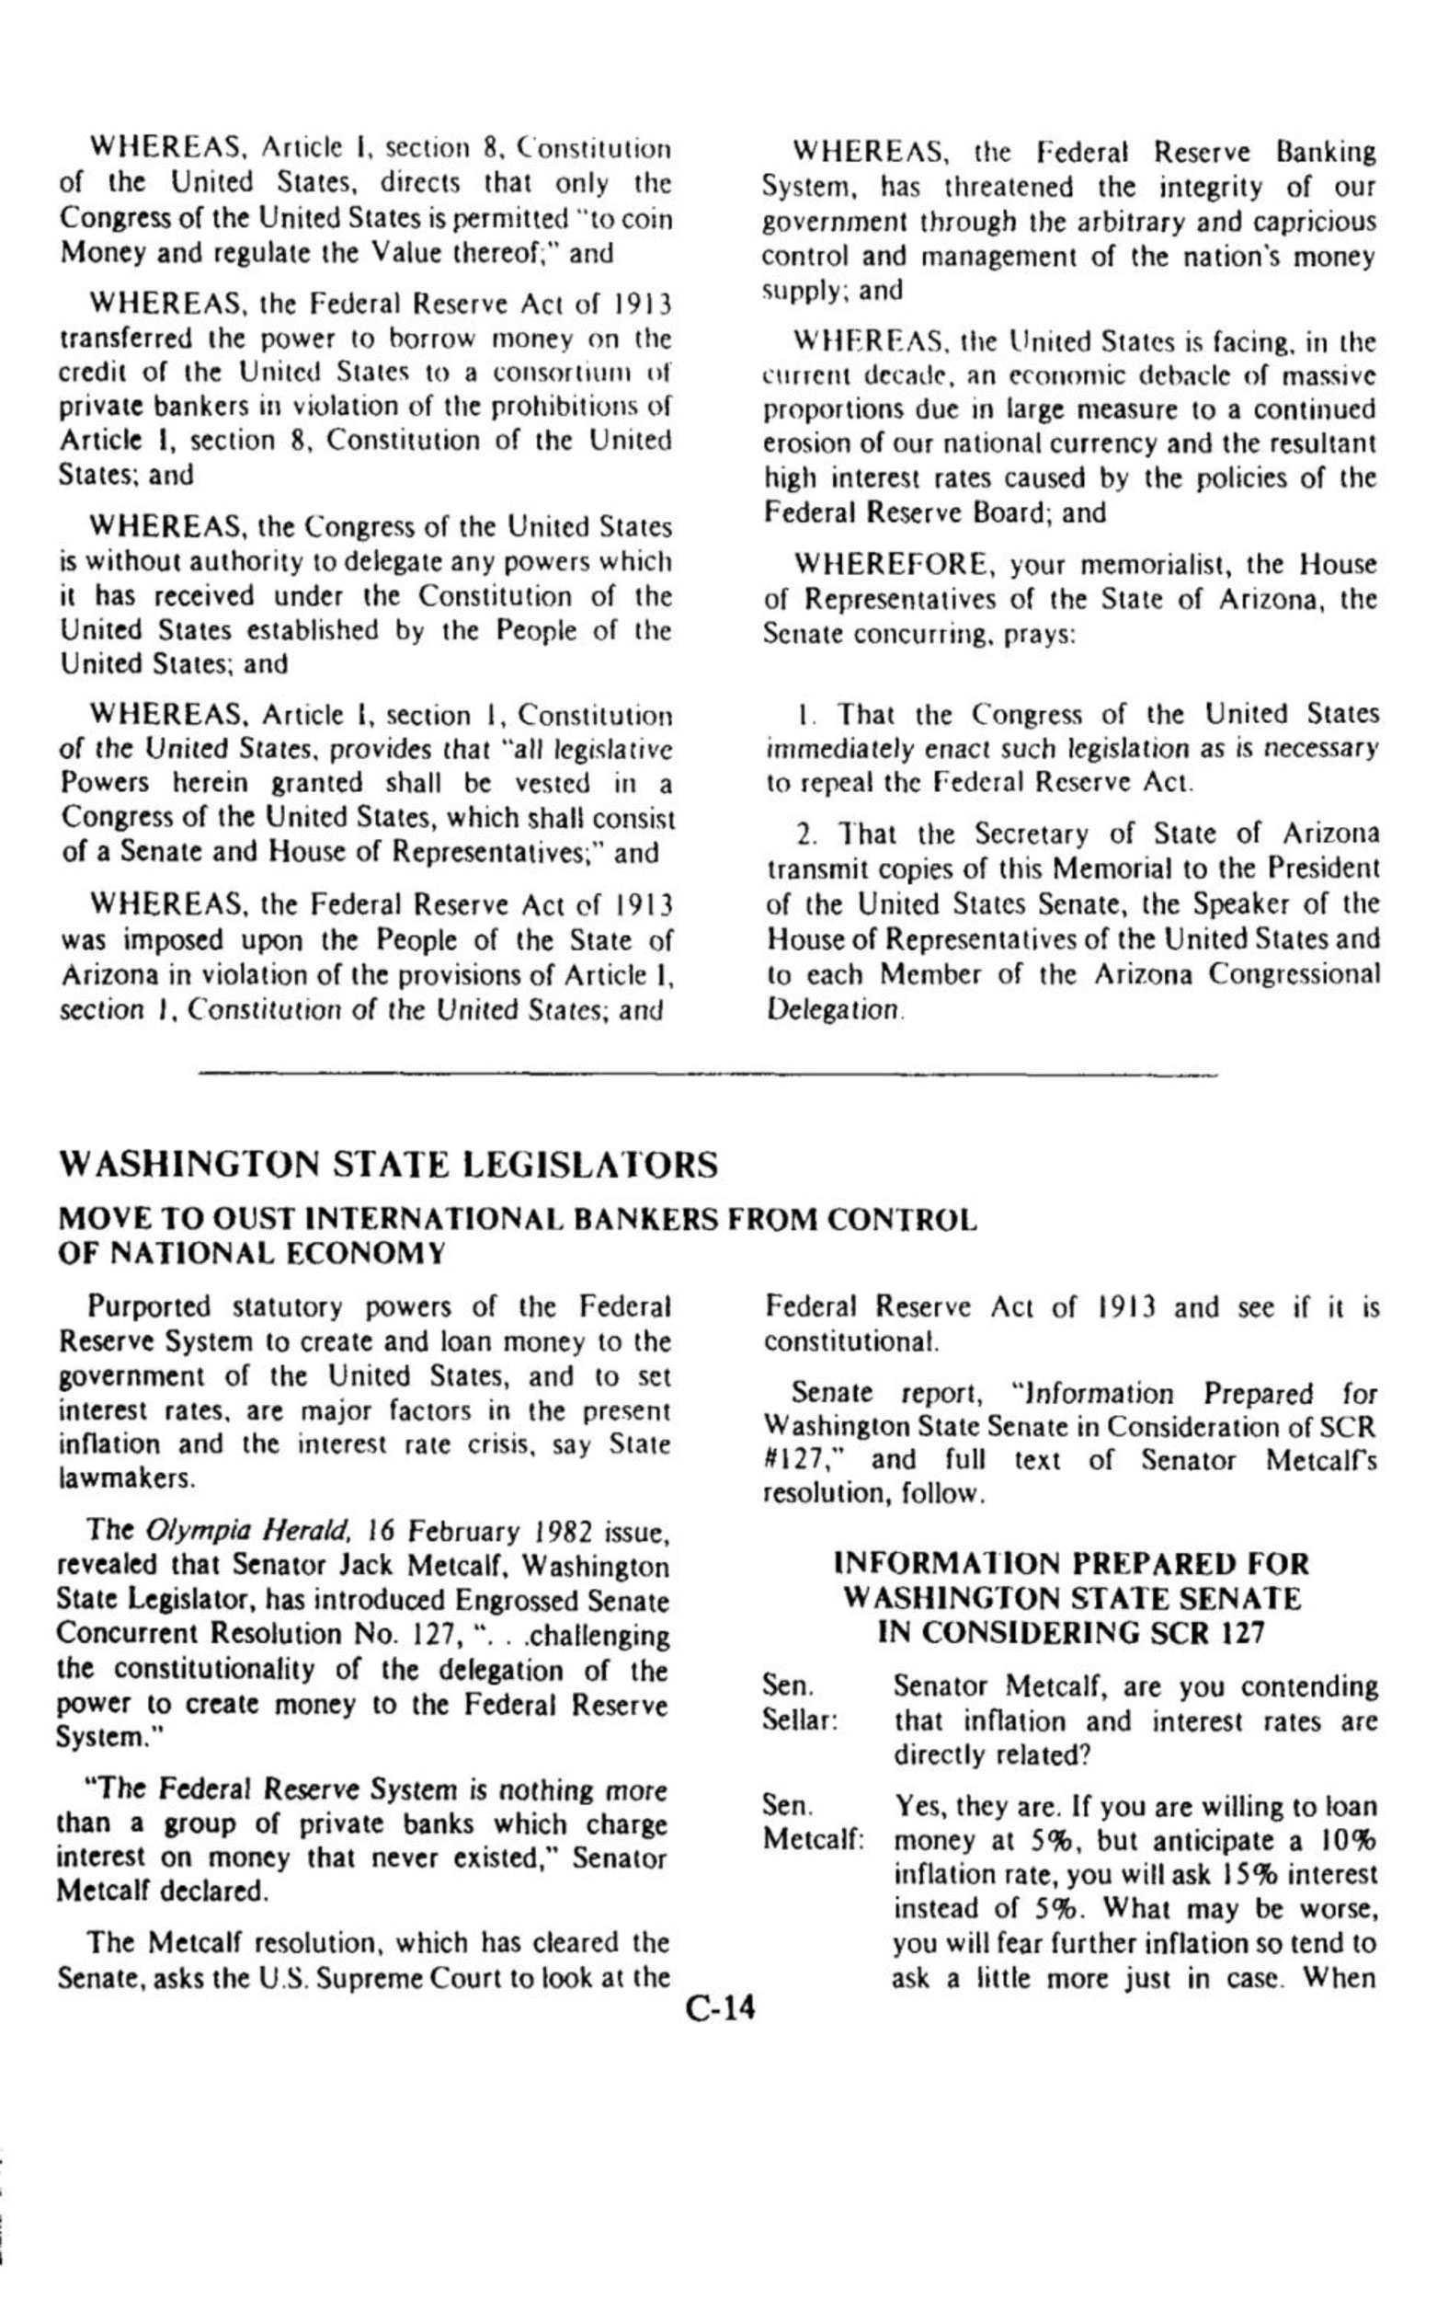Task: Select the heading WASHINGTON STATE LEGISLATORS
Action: click(388, 1165)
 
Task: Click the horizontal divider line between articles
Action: click(708, 1075)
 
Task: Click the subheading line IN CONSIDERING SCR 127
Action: click(1071, 1632)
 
